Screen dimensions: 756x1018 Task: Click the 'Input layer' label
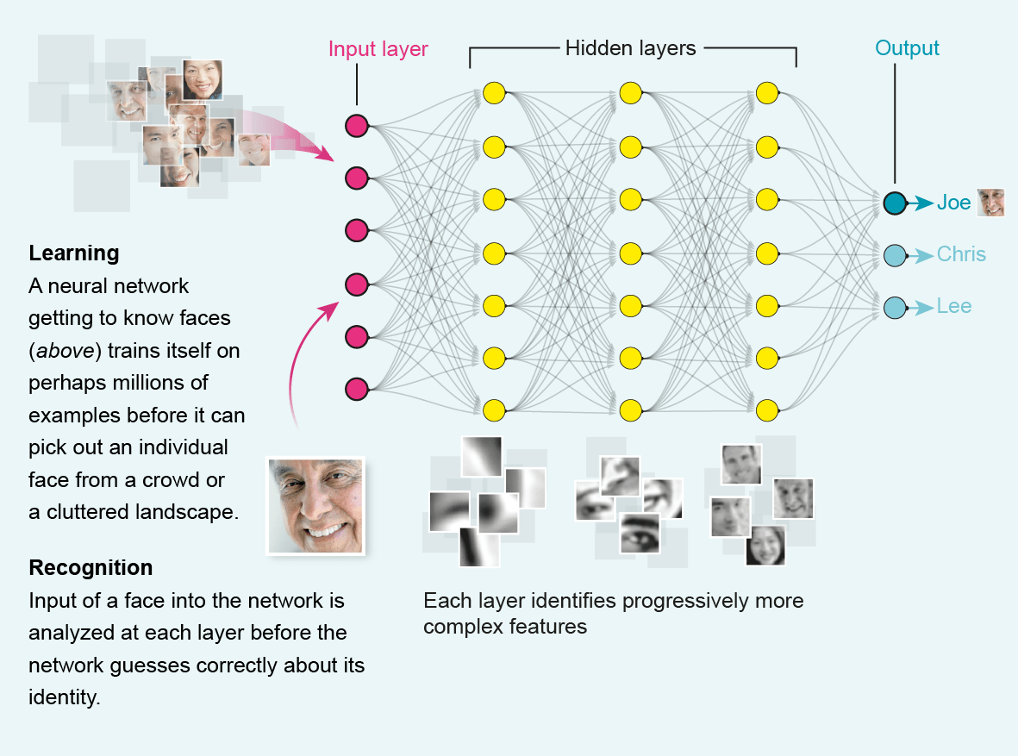point(378,49)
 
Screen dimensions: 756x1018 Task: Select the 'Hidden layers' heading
point(630,48)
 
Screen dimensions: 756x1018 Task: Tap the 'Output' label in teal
point(907,48)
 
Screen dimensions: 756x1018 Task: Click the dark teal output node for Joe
point(895,203)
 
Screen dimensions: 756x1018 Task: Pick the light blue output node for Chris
point(895,255)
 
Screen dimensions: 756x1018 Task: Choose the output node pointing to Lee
point(895,307)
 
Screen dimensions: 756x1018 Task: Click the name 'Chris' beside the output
point(961,255)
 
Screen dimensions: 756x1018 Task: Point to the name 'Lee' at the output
point(953,307)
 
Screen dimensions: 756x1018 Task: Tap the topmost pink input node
point(356,126)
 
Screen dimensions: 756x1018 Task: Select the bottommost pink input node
point(356,389)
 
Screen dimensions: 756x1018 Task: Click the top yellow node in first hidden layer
point(493,92)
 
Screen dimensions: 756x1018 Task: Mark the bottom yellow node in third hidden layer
point(767,408)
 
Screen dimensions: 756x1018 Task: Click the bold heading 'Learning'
point(73,253)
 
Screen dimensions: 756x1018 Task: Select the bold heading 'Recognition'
point(91,568)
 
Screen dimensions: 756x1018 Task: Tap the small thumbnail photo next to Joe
point(990,203)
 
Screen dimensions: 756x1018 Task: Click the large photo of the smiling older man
point(315,505)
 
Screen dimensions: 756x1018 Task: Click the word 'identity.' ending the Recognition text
point(65,697)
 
